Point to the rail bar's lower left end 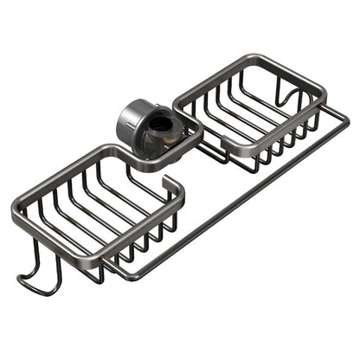[121, 275]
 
